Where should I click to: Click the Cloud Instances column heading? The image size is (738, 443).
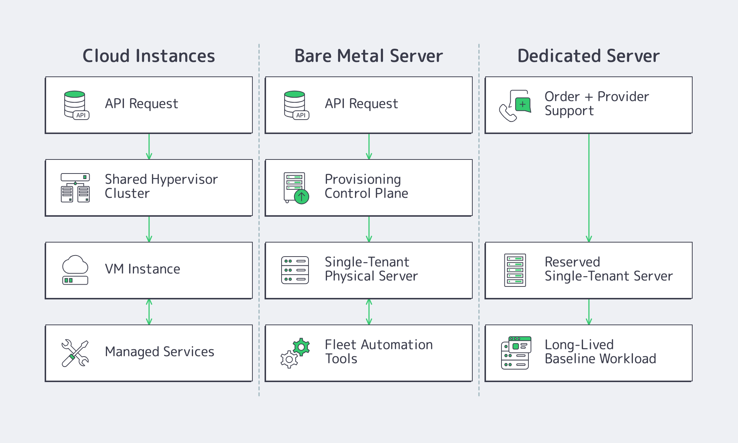149,56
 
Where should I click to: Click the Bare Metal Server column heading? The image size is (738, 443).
368,56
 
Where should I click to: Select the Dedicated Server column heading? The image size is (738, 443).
588,56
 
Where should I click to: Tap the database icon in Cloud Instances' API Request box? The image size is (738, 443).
75,104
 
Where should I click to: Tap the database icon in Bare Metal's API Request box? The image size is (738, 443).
295,104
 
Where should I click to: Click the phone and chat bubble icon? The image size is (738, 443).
515,106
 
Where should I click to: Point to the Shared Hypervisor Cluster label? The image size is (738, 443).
161,186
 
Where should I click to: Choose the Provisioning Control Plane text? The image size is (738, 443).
366,186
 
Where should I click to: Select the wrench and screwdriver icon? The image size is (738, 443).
75,353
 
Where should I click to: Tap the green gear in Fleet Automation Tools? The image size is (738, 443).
301,347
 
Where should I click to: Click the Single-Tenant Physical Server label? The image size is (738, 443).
371,269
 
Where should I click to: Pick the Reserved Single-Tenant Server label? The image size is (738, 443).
608,269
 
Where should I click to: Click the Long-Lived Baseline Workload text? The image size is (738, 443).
600,352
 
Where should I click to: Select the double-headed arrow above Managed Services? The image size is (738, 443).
149,312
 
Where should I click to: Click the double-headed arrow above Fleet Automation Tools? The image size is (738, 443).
369,312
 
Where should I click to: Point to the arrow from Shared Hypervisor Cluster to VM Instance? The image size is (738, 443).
149,229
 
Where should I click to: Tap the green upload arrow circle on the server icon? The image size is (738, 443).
301,197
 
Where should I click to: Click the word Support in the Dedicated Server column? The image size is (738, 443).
569,111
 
